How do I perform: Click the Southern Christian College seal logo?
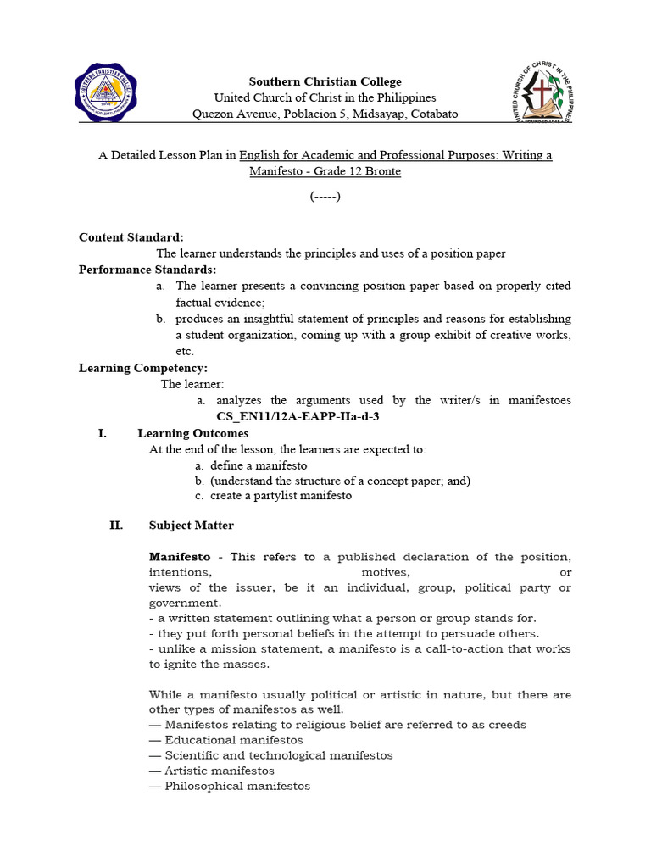click(x=106, y=93)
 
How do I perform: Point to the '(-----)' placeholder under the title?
click(x=325, y=197)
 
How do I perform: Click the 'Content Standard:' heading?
click(x=131, y=237)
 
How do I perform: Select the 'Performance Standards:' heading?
click(x=147, y=270)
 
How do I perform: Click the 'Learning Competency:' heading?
click(x=142, y=368)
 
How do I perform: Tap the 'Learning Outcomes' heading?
click(x=192, y=433)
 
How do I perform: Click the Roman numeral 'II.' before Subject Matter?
click(x=116, y=526)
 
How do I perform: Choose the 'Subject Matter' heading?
click(x=191, y=526)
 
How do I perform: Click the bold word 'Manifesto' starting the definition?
click(x=180, y=557)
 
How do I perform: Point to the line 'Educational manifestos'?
click(x=225, y=740)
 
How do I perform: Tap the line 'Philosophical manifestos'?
click(x=230, y=786)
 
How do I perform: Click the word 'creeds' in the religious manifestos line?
click(x=507, y=725)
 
